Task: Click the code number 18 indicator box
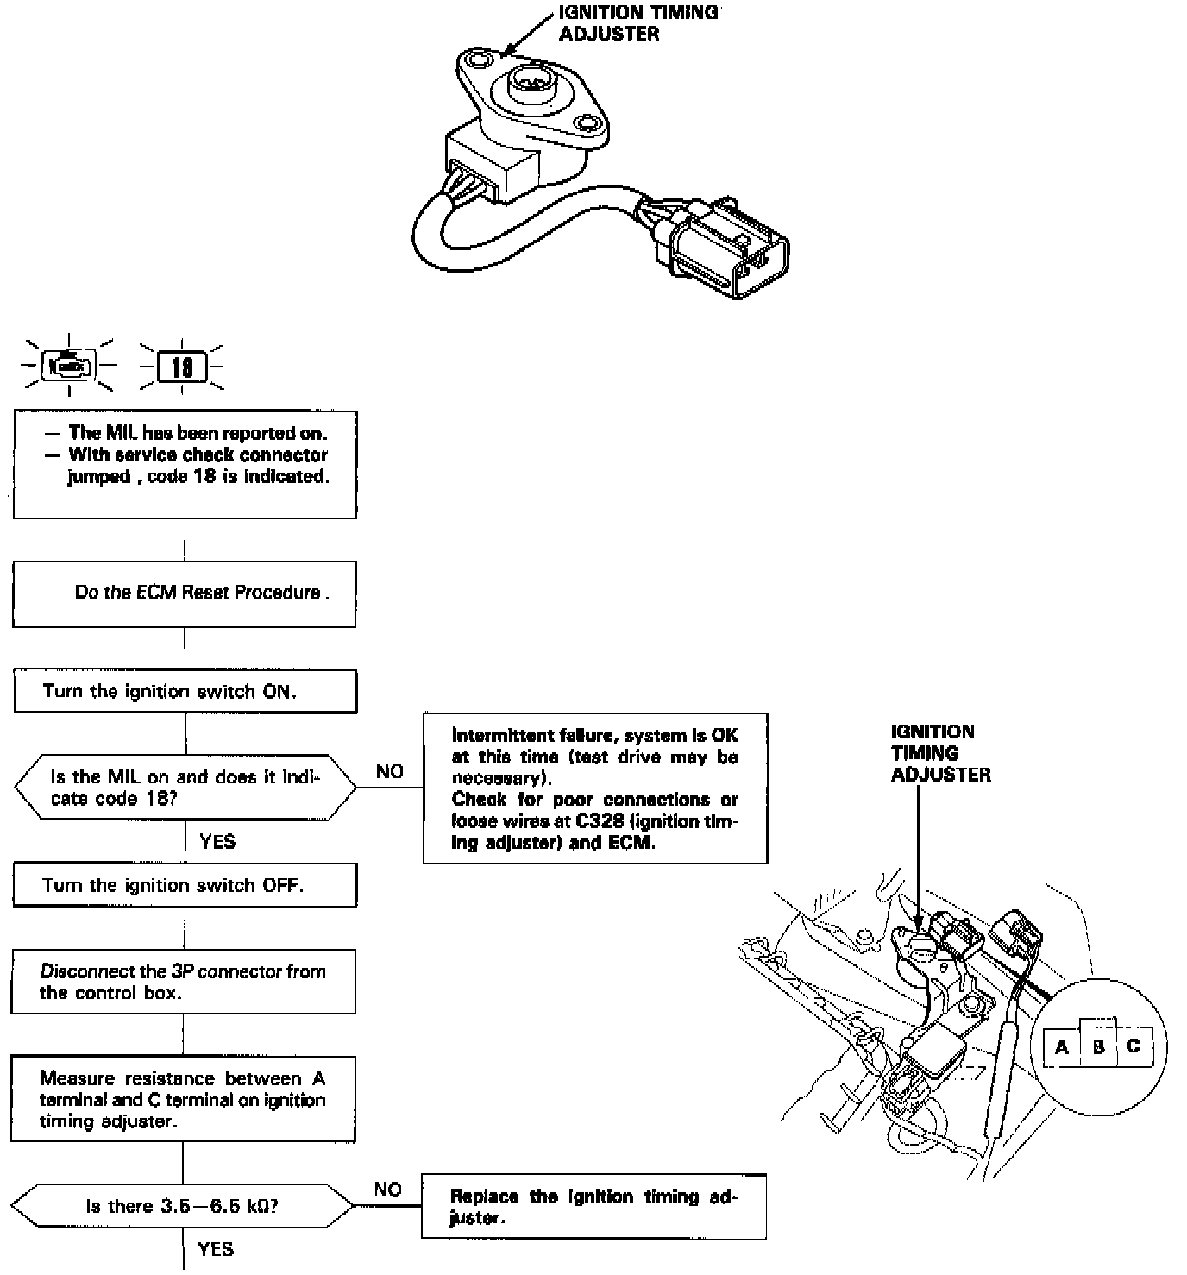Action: pyautogui.click(x=182, y=368)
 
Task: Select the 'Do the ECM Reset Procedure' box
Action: pyautogui.click(x=185, y=594)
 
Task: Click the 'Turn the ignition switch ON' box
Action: pyautogui.click(x=185, y=692)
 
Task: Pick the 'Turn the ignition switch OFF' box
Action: pyautogui.click(x=185, y=886)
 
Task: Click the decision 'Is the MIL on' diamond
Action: pyautogui.click(x=185, y=788)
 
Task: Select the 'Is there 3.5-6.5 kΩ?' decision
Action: pyautogui.click(x=182, y=1206)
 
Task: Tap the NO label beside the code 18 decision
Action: pyautogui.click(x=390, y=772)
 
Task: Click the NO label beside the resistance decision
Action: pyautogui.click(x=388, y=1190)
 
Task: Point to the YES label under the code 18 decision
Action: pyautogui.click(x=217, y=841)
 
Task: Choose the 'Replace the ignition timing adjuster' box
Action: pyautogui.click(x=593, y=1207)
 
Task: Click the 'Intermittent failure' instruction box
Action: pyautogui.click(x=595, y=788)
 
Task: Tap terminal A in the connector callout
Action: pyautogui.click(x=1062, y=1048)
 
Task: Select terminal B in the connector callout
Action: pyautogui.click(x=1098, y=1048)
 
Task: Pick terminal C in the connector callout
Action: pyautogui.click(x=1134, y=1046)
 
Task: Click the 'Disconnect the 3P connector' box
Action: pyautogui.click(x=183, y=982)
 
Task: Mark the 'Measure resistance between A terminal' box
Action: pyautogui.click(x=183, y=1100)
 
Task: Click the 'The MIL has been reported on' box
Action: pyautogui.click(x=185, y=464)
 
